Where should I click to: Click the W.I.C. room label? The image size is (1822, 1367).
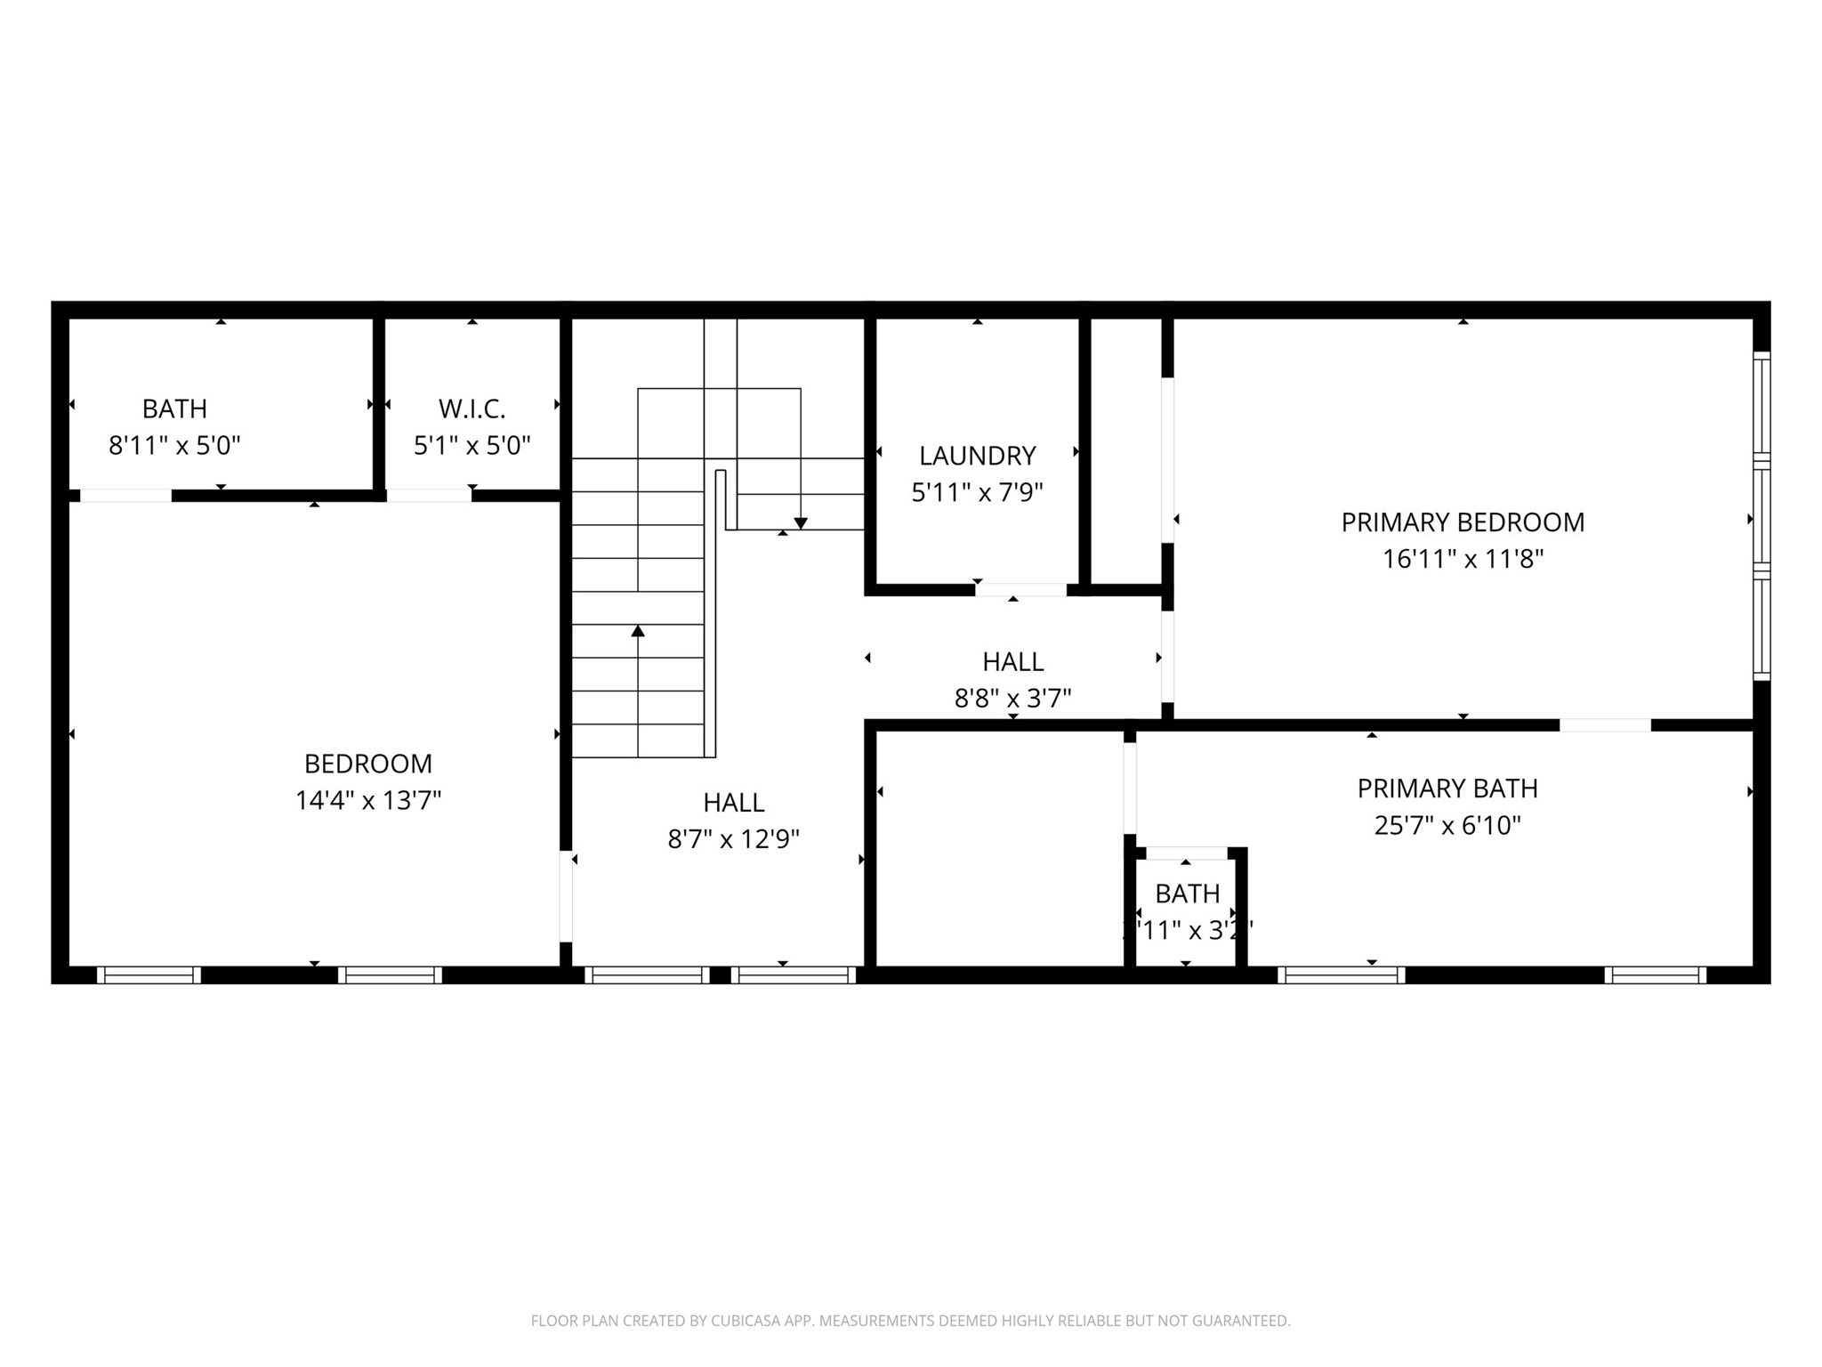click(472, 409)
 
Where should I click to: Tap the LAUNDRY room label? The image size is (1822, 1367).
click(977, 456)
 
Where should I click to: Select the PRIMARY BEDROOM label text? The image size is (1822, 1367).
click(1463, 522)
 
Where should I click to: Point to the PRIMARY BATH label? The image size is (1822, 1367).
click(1447, 789)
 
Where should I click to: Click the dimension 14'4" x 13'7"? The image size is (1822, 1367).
click(368, 801)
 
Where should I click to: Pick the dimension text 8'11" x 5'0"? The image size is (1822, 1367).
click(174, 446)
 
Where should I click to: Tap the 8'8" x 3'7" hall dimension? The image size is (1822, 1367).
click(1012, 699)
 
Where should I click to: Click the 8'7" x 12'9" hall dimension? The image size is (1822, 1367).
click(733, 839)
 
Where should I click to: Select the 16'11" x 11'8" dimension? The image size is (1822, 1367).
click(1463, 560)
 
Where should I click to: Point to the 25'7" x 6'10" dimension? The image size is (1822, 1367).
click(1447, 826)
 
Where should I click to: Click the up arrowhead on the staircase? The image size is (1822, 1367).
click(638, 631)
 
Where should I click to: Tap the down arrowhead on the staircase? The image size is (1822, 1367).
click(800, 523)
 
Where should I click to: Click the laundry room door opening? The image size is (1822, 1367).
click(1020, 590)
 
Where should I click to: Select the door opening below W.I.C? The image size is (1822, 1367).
click(429, 496)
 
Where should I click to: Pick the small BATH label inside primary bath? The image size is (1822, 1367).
click(1187, 894)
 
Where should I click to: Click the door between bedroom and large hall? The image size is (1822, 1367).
click(566, 896)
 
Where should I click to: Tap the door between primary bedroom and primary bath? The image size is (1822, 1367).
click(1605, 725)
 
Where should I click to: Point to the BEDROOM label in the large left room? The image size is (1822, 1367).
click(368, 764)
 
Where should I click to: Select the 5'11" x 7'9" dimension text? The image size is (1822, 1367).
click(977, 492)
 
